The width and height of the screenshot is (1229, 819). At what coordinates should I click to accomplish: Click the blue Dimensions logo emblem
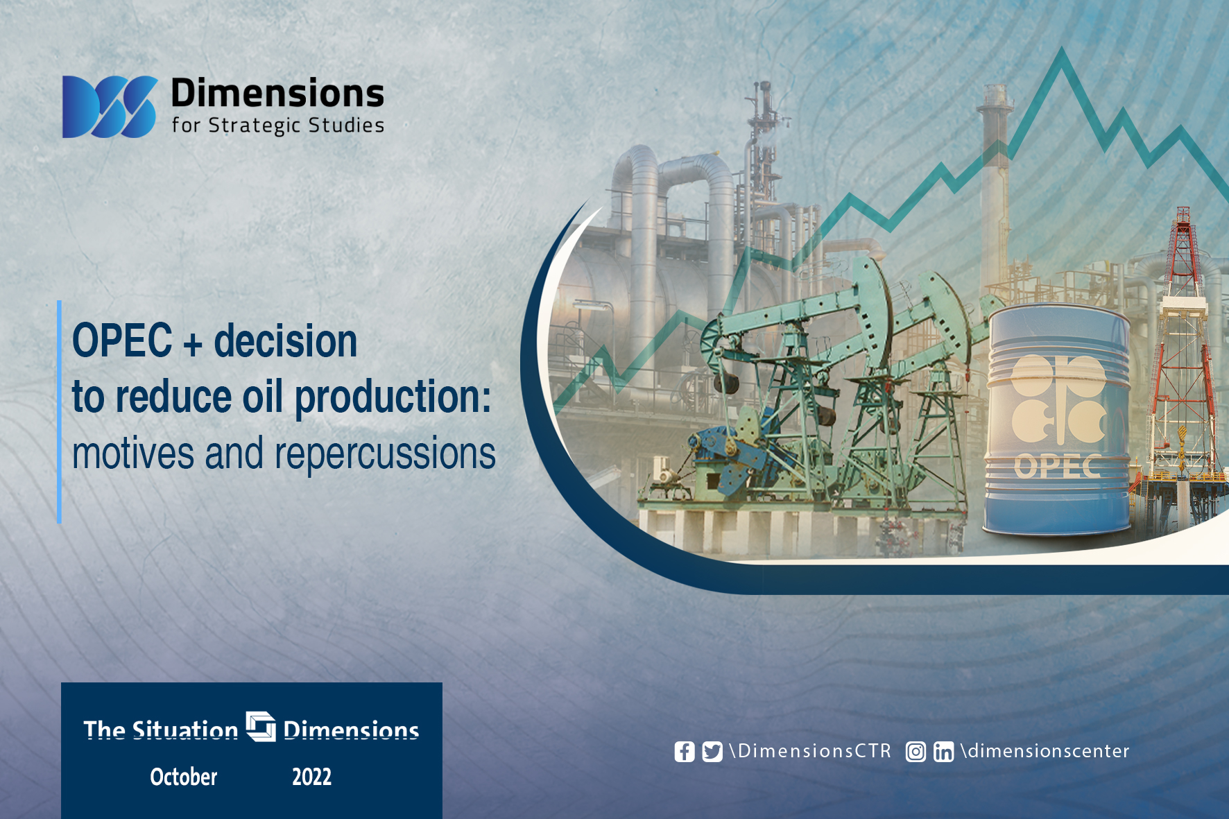coord(110,107)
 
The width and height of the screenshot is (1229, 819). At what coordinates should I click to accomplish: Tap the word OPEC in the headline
coord(122,340)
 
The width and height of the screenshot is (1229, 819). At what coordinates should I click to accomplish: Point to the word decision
coord(286,340)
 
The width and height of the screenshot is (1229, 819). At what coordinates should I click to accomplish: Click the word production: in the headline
coord(393,398)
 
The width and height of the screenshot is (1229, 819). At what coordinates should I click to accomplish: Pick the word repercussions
coord(386,454)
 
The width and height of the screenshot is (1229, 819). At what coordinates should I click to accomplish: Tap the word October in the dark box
coord(184,777)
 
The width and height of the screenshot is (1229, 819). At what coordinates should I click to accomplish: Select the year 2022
coord(312,777)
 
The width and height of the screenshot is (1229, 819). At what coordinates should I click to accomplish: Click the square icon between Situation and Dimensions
coord(261,726)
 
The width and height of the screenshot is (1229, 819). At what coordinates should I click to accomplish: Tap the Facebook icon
coord(685,752)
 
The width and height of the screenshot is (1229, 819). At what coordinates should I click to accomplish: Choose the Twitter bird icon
coord(712,752)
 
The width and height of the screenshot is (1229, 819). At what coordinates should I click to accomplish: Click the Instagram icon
coord(916,752)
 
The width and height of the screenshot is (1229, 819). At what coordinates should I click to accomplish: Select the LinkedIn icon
coord(943,752)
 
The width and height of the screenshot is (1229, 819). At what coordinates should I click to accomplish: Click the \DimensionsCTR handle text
coord(810,751)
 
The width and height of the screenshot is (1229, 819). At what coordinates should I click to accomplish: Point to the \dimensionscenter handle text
coord(1045,751)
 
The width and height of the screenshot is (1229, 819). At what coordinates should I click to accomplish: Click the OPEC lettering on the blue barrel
coord(1058,467)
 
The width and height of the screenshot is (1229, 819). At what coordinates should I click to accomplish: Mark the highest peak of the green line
coord(1061,49)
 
